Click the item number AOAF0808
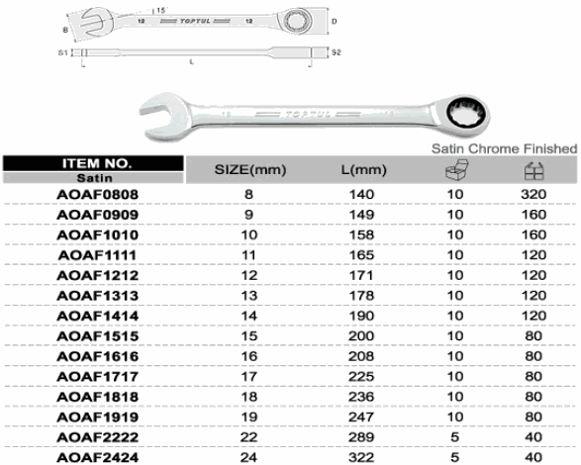coord(97,195)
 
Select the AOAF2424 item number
coord(97,458)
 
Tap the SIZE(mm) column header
coord(250,170)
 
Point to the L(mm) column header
coord(363,170)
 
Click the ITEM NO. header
coord(97,163)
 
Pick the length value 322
coord(361,458)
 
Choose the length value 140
coord(361,195)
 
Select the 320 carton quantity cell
coord(533,195)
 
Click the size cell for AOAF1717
coord(249,377)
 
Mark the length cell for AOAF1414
coord(361,316)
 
